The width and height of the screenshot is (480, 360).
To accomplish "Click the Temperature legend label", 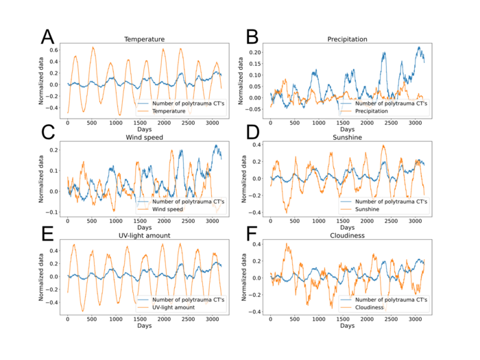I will click(x=169, y=111).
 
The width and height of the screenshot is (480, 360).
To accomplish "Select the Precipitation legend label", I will click(x=372, y=111).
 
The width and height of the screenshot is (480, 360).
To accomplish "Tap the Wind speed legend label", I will click(x=168, y=210).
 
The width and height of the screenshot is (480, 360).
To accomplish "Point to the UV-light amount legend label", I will click(x=173, y=308).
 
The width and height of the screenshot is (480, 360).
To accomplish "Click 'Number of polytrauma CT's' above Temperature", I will click(x=188, y=103).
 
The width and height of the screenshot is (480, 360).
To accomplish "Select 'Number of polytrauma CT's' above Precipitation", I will click(x=391, y=103).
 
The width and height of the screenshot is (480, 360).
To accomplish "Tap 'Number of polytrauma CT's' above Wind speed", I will click(x=188, y=202).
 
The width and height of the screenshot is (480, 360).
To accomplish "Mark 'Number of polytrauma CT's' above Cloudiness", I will click(x=391, y=300).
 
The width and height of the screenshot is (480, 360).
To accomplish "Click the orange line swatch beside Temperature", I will click(x=143, y=111).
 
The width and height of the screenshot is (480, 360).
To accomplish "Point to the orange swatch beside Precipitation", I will click(x=345, y=111).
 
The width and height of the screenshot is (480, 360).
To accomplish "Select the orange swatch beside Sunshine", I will click(x=345, y=210).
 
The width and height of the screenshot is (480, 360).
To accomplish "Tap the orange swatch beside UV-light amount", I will click(x=143, y=308).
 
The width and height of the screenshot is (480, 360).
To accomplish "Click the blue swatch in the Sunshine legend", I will click(x=345, y=202).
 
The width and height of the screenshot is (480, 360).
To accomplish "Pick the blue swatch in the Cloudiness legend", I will click(x=345, y=300).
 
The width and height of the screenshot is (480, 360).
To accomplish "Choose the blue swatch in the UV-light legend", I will click(x=143, y=300).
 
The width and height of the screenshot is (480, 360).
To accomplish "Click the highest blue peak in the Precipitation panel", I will click(x=419, y=48).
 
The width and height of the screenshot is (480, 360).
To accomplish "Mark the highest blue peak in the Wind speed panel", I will click(x=216, y=146).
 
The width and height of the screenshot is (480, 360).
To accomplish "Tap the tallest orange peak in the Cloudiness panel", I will click(x=288, y=245).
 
